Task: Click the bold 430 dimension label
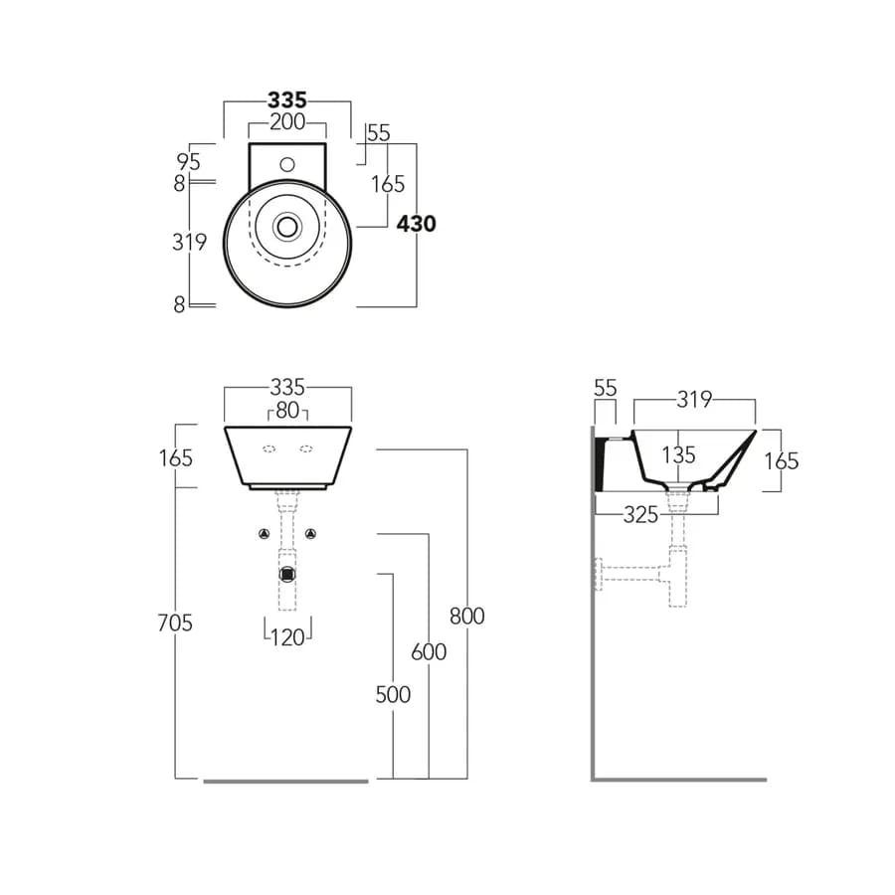[x=416, y=224]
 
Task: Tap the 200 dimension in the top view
[x=287, y=122]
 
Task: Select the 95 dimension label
[x=188, y=162]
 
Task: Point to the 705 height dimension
[x=175, y=623]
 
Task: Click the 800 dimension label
[x=467, y=616]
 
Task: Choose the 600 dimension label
[x=429, y=651]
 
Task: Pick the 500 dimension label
[x=393, y=695]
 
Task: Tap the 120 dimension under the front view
[x=287, y=637]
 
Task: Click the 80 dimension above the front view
[x=287, y=411]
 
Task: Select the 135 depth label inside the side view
[x=678, y=455]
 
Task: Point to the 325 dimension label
[x=641, y=515]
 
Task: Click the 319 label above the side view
[x=695, y=400]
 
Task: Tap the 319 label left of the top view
[x=190, y=243]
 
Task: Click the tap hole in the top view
[x=287, y=165]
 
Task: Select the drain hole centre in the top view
[x=287, y=227]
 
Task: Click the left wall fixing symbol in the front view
[x=264, y=534]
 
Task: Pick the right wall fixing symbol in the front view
[x=310, y=534]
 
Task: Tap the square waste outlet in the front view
[x=287, y=574]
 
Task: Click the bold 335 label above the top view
[x=287, y=100]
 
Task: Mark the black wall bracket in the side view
[x=600, y=463]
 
